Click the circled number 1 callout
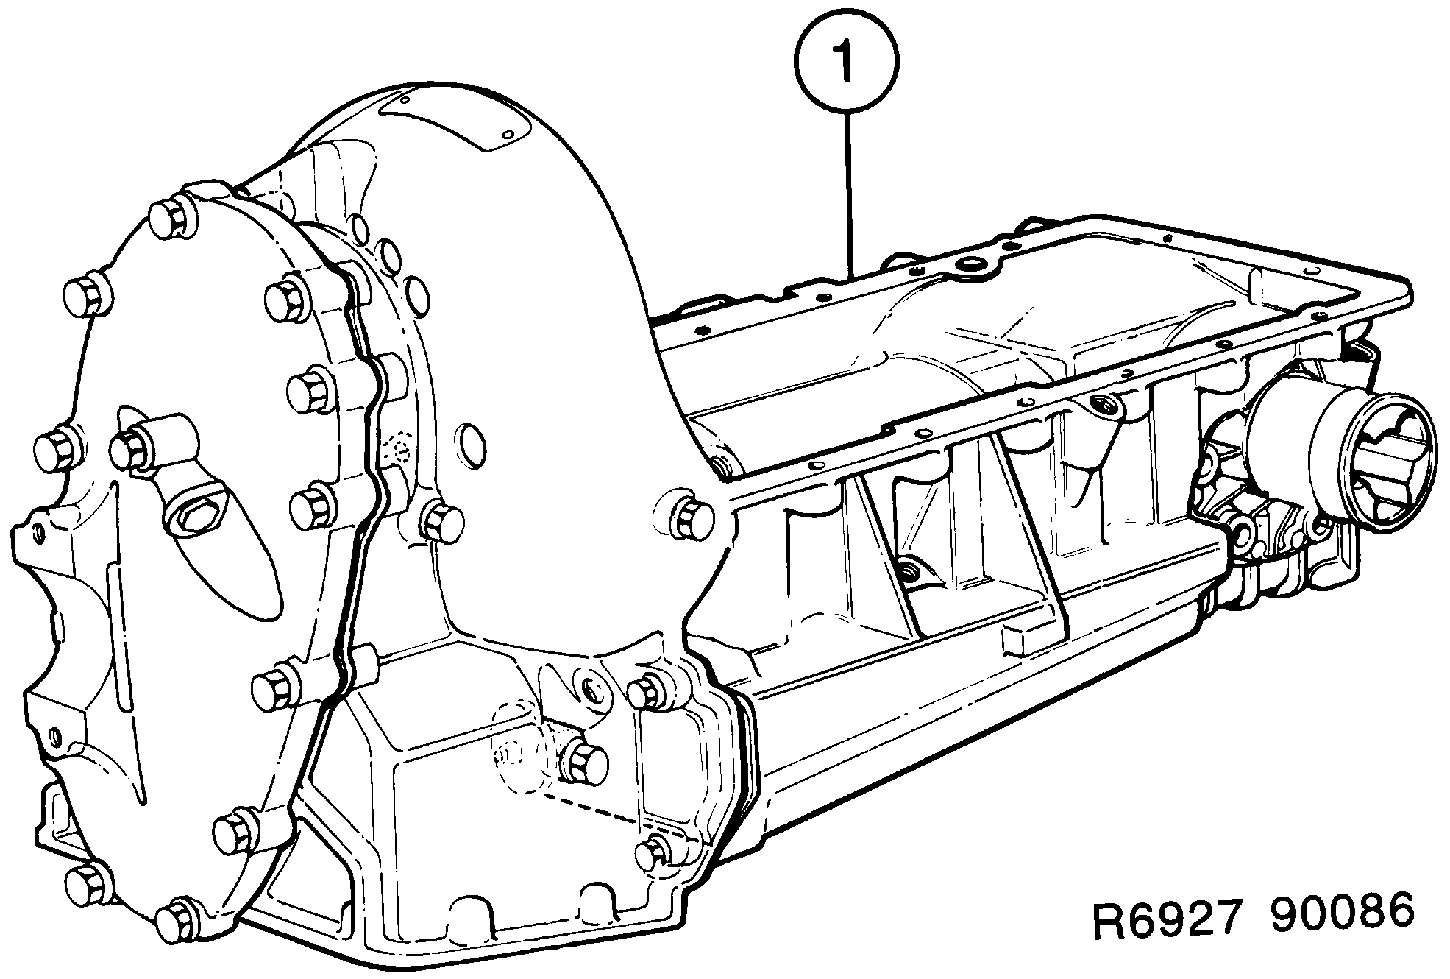[846, 63]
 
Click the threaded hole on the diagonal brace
[911, 569]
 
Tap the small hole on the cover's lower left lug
[54, 735]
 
